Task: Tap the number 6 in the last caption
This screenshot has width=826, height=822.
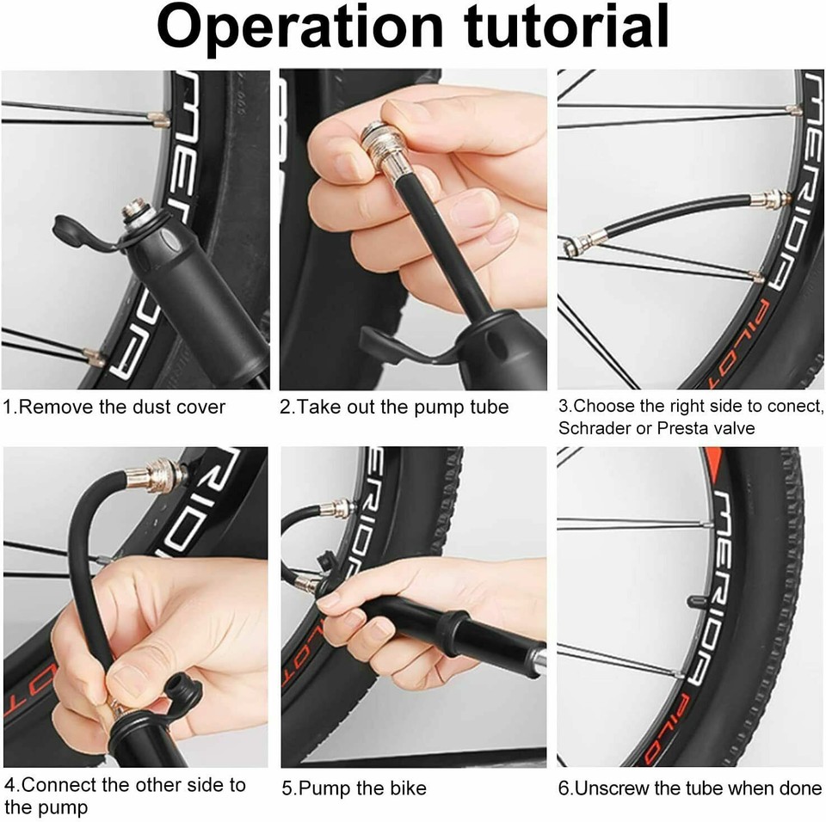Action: tap(564, 788)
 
